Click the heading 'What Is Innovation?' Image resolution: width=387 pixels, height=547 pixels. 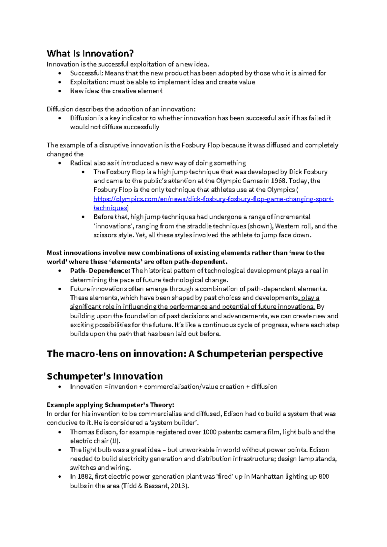point(90,53)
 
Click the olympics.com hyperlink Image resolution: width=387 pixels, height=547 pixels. point(213,199)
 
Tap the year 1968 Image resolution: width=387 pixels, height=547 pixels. point(278,181)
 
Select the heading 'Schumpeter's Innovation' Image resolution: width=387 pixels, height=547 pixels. point(105,376)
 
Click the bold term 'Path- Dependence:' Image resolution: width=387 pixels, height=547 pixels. point(100,271)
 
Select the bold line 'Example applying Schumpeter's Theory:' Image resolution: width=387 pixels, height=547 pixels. point(110,405)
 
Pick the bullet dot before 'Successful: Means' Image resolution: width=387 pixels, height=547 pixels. point(60,73)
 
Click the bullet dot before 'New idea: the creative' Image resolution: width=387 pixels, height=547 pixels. point(60,91)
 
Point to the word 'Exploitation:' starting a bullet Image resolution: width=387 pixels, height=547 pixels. point(89,82)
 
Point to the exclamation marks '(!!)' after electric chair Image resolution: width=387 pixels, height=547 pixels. point(115,441)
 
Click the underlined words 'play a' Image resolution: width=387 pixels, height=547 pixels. point(310,298)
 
